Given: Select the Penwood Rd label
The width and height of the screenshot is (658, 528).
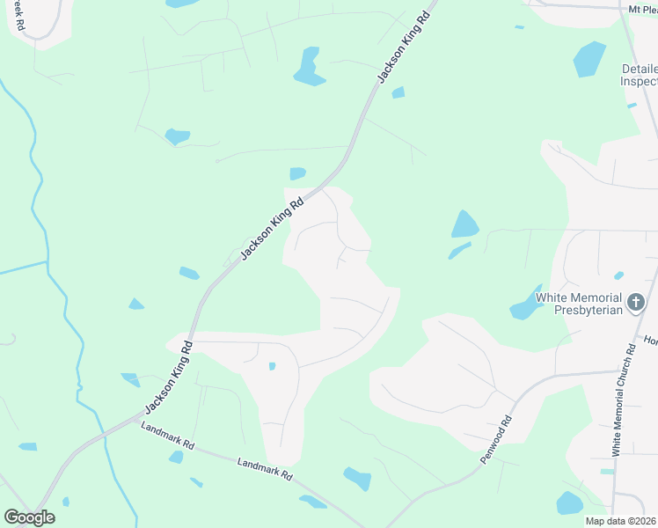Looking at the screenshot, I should tap(495, 440).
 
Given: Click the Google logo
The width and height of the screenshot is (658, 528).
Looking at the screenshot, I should tap(29, 517).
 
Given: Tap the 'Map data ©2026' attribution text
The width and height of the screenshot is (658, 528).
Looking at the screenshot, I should tap(619, 521).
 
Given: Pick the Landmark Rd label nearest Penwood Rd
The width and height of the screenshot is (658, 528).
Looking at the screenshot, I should tap(265, 467).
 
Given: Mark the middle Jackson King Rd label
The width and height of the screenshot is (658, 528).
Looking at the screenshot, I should tap(272, 228).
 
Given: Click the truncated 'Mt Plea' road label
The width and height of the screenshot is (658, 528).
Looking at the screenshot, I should tap(642, 9).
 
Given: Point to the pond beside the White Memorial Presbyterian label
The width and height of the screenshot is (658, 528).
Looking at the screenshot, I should tap(525, 304).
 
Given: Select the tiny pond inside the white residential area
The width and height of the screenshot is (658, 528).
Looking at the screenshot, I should tap(272, 366).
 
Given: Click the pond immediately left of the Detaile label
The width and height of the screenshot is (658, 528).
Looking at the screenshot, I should tap(589, 58).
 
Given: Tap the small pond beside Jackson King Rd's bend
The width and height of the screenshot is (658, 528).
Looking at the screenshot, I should tap(297, 173).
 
